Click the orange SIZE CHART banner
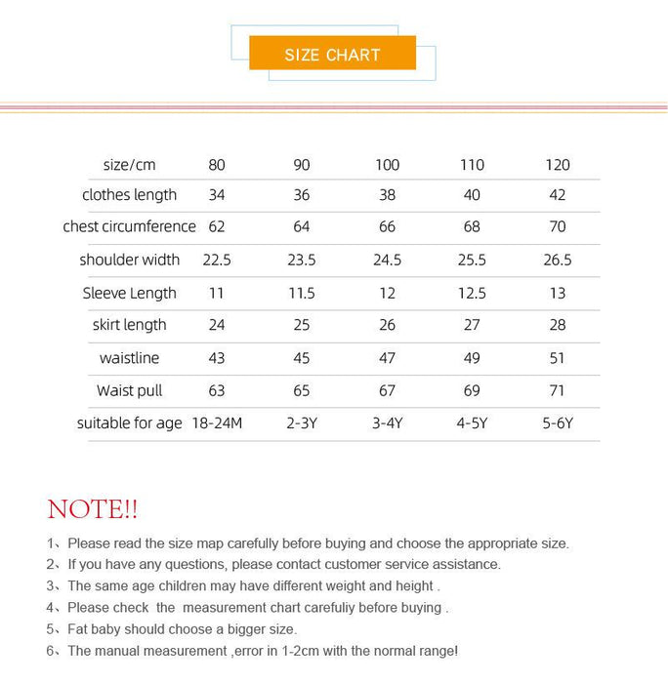click(332, 54)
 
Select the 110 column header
click(472, 165)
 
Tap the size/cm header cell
click(130, 165)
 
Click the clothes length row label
click(130, 195)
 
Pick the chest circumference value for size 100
click(387, 226)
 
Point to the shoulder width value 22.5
click(217, 260)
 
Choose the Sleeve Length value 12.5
click(472, 293)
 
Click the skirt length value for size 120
click(558, 325)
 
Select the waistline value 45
click(302, 358)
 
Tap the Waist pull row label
click(130, 390)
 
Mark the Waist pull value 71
click(558, 390)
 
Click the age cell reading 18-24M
click(217, 423)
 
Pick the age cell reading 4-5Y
click(472, 423)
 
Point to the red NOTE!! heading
click(93, 509)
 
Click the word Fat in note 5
click(79, 629)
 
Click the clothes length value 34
click(217, 195)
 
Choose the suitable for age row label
click(130, 423)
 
